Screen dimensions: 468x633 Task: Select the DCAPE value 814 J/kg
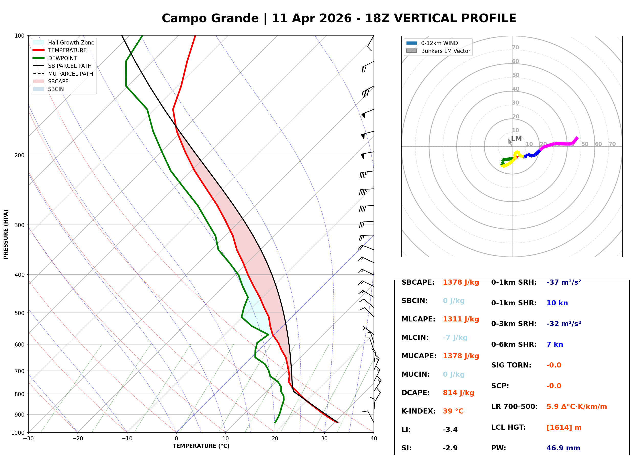point(458,393)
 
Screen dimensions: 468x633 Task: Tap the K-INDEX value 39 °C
point(453,411)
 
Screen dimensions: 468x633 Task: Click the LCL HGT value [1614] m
point(564,428)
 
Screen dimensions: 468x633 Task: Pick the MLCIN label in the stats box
point(415,338)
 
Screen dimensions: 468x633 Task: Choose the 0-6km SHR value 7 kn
point(554,345)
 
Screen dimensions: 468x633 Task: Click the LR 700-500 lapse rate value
point(576,407)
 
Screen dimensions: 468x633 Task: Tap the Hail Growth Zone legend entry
point(71,42)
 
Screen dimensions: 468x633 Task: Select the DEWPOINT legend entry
point(62,58)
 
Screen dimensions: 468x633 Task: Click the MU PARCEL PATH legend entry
point(70,74)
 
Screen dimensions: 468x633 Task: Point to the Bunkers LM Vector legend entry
point(445,51)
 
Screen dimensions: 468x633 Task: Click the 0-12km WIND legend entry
point(439,43)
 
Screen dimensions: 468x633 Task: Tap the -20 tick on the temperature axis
point(78,439)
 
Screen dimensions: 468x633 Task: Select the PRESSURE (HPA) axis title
point(6,234)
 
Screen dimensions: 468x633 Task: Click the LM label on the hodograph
point(516,139)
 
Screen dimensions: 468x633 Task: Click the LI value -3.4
point(450,430)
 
